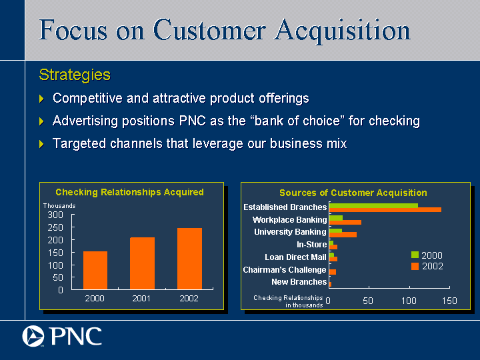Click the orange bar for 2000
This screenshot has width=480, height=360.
[95, 270]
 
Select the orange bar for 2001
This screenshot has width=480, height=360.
[143, 263]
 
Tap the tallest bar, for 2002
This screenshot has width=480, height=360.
[189, 259]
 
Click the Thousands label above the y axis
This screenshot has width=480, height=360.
[59, 206]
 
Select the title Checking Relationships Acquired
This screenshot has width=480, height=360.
[129, 192]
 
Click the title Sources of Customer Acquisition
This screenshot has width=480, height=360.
[353, 193]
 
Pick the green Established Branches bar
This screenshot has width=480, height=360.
[373, 205]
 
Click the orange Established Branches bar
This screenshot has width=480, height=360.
[385, 210]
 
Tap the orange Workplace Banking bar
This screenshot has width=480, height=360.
[345, 222]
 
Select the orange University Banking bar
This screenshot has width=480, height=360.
[343, 235]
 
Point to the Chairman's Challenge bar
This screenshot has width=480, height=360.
[333, 272]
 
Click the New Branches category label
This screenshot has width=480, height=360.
[299, 282]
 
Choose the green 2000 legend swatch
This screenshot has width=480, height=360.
[415, 255]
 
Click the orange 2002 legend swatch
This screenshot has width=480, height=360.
[415, 266]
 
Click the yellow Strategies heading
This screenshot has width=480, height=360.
[75, 75]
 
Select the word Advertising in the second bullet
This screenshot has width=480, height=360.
[85, 121]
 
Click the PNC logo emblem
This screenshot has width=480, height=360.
[33, 336]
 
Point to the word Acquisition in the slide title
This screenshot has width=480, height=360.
[342, 31]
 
